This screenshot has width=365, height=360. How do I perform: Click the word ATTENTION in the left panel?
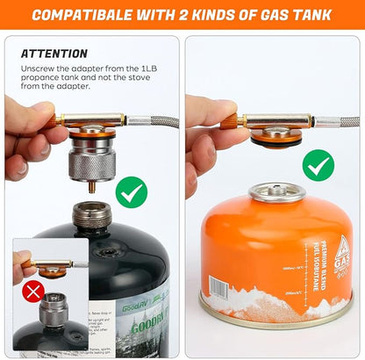[54, 54]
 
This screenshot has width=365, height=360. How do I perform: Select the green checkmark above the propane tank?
[132, 191]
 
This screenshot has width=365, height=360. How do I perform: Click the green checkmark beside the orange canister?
[318, 164]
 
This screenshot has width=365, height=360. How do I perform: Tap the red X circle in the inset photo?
[33, 292]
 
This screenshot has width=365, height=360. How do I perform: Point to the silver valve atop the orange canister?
[277, 192]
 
